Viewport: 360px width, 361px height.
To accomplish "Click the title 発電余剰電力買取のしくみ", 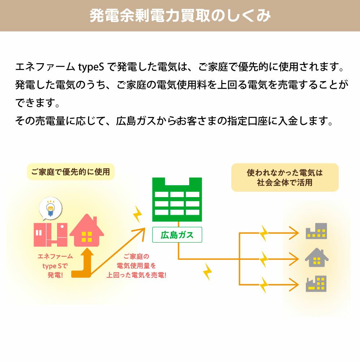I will click(x=180, y=16).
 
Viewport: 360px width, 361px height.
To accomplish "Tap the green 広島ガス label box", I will click(x=177, y=235).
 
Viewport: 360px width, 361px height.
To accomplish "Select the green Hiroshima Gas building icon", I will click(x=177, y=199).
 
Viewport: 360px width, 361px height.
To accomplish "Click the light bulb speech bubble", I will click(x=51, y=209).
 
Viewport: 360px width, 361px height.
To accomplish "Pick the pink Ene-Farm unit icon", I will click(x=51, y=234).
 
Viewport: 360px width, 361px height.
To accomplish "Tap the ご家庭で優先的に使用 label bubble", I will click(x=70, y=172).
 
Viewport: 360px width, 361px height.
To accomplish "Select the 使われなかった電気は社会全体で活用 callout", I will click(x=285, y=177).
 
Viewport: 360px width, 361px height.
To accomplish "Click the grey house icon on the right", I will click(x=316, y=257).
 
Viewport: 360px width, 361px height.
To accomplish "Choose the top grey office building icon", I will click(x=316, y=231).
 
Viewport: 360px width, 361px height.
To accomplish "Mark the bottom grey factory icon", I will click(x=316, y=284).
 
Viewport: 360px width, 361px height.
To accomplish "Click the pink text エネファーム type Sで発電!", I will click(x=55, y=266).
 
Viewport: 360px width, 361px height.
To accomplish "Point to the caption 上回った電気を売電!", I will click(x=136, y=275).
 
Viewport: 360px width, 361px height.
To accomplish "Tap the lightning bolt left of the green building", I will click(x=137, y=215).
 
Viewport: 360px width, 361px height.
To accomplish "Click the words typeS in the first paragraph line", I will click(x=91, y=67).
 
